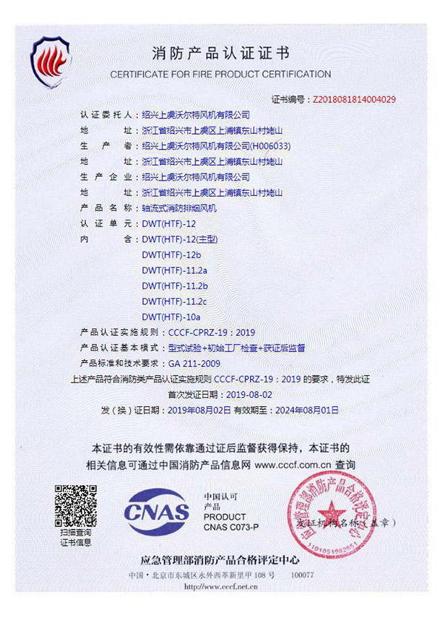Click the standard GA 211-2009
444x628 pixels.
(x=195, y=363)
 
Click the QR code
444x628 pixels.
(x=75, y=505)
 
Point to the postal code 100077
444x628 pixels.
(x=303, y=575)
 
